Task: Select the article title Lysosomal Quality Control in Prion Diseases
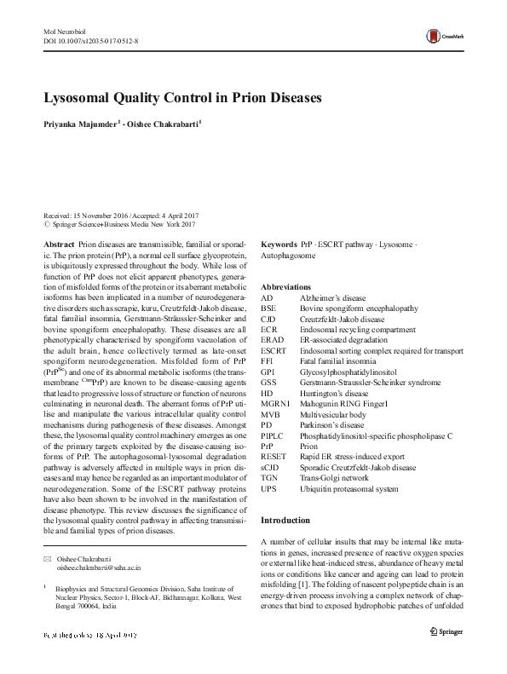coord(181,97)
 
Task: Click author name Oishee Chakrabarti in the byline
coord(164,124)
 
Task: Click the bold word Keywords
coord(279,244)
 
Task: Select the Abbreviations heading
coord(285,287)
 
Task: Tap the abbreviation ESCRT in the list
coord(274,350)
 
